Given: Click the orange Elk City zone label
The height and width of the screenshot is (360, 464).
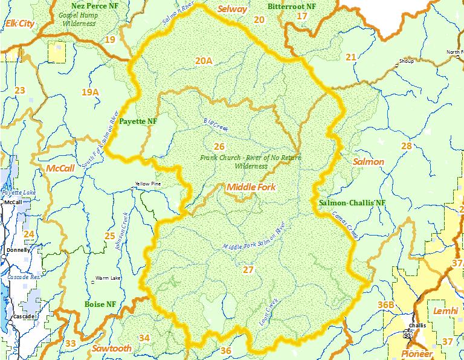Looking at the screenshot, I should click(19, 24).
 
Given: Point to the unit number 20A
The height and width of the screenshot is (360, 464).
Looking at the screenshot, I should click(204, 60).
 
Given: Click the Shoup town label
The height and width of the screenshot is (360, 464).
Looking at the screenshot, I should click(405, 61).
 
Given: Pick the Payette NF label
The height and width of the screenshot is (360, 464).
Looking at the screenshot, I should click(138, 121).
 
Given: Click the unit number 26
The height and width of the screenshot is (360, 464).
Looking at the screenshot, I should click(219, 147).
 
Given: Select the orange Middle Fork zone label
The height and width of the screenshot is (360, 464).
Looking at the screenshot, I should click(251, 187).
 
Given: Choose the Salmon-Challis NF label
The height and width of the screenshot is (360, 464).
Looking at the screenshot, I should click(352, 202).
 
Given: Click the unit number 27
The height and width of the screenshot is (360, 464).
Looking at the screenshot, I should click(248, 269).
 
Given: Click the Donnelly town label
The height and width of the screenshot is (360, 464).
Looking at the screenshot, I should click(18, 249).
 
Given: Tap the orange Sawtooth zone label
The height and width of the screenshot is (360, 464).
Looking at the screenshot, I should click(112, 349).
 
